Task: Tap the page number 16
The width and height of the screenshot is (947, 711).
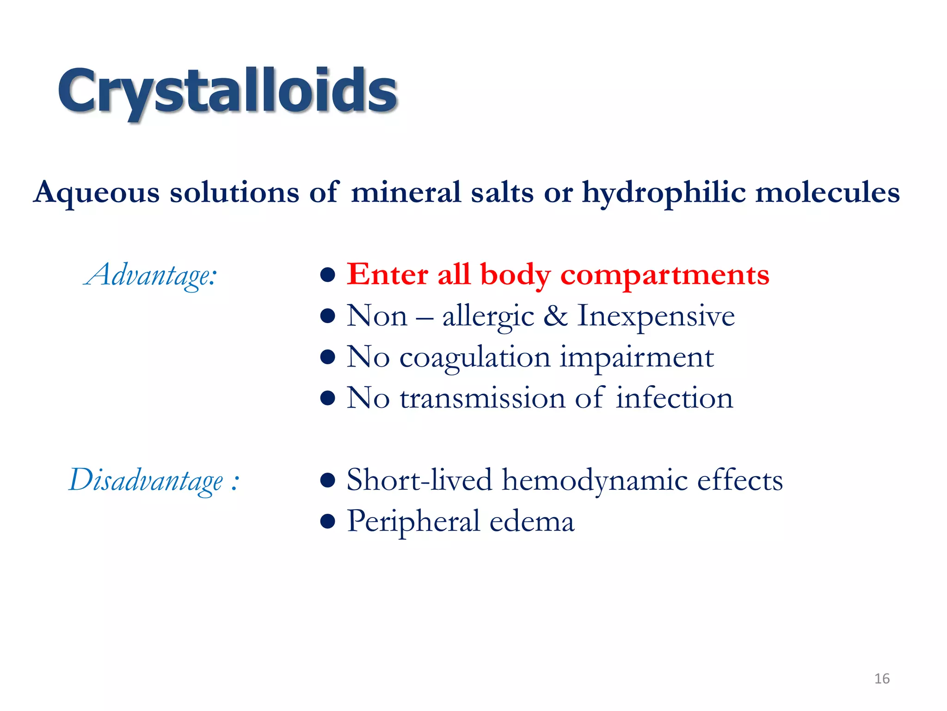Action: pos(882,679)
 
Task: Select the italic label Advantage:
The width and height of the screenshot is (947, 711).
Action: pos(151,276)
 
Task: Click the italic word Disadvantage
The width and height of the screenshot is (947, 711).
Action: pos(146,480)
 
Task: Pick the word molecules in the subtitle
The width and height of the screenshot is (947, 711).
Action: pos(827,192)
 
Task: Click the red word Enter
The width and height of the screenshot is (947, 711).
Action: pos(387,274)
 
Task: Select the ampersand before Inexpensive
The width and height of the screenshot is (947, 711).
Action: pos(555,316)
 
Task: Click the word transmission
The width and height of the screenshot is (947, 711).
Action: pos(482,399)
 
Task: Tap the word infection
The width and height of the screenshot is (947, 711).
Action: pos(674,399)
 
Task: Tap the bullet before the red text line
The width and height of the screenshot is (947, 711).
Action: pos(327,275)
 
